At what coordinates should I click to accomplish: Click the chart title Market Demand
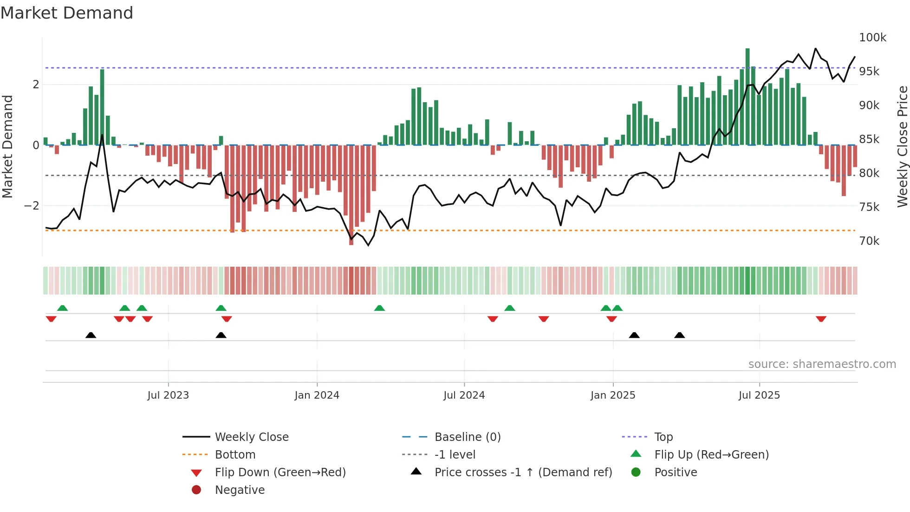tap(67, 13)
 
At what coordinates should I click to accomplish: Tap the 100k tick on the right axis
tap(872, 38)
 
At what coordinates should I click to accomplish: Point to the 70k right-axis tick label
tap(869, 241)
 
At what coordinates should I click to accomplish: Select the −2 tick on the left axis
tap(32, 206)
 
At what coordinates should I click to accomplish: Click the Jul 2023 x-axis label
tap(168, 395)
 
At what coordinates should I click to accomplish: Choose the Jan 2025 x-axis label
tap(613, 395)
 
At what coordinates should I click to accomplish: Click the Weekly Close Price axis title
tap(902, 146)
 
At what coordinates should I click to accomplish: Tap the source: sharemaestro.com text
tap(822, 364)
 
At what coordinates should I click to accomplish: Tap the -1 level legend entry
tap(455, 455)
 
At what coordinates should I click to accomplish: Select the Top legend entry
tap(663, 437)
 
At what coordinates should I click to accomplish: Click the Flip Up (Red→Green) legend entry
tap(711, 455)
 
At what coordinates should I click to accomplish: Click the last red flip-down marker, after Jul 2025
tap(821, 319)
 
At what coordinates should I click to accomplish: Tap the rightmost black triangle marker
tap(679, 335)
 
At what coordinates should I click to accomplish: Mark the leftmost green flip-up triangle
tap(62, 308)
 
